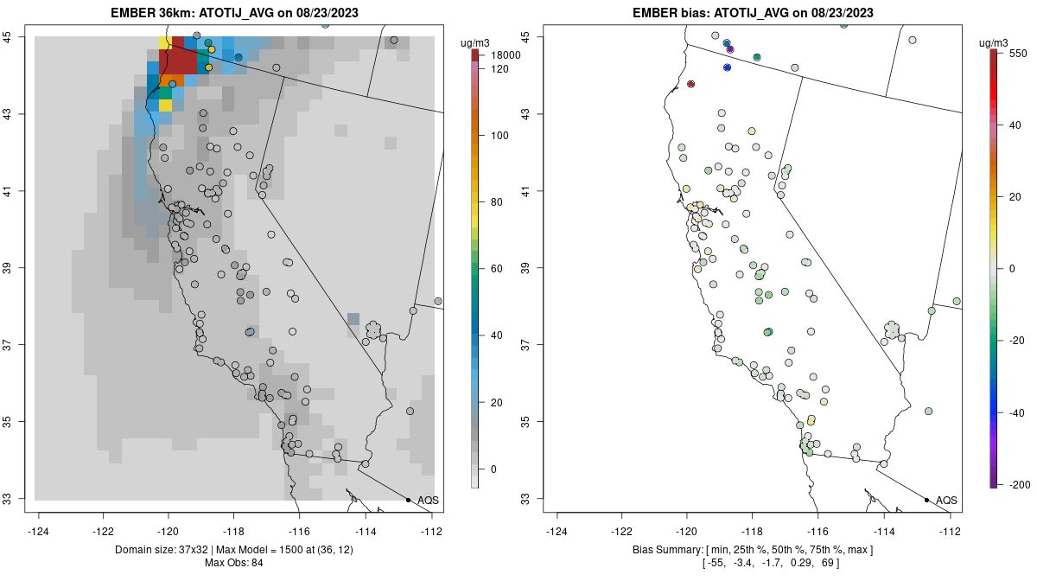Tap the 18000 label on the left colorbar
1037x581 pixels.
(x=504, y=55)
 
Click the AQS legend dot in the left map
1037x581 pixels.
(x=408, y=500)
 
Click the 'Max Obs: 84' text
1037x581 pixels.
(x=233, y=563)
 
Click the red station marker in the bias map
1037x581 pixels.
(x=690, y=84)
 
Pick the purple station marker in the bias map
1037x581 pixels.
(x=730, y=49)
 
